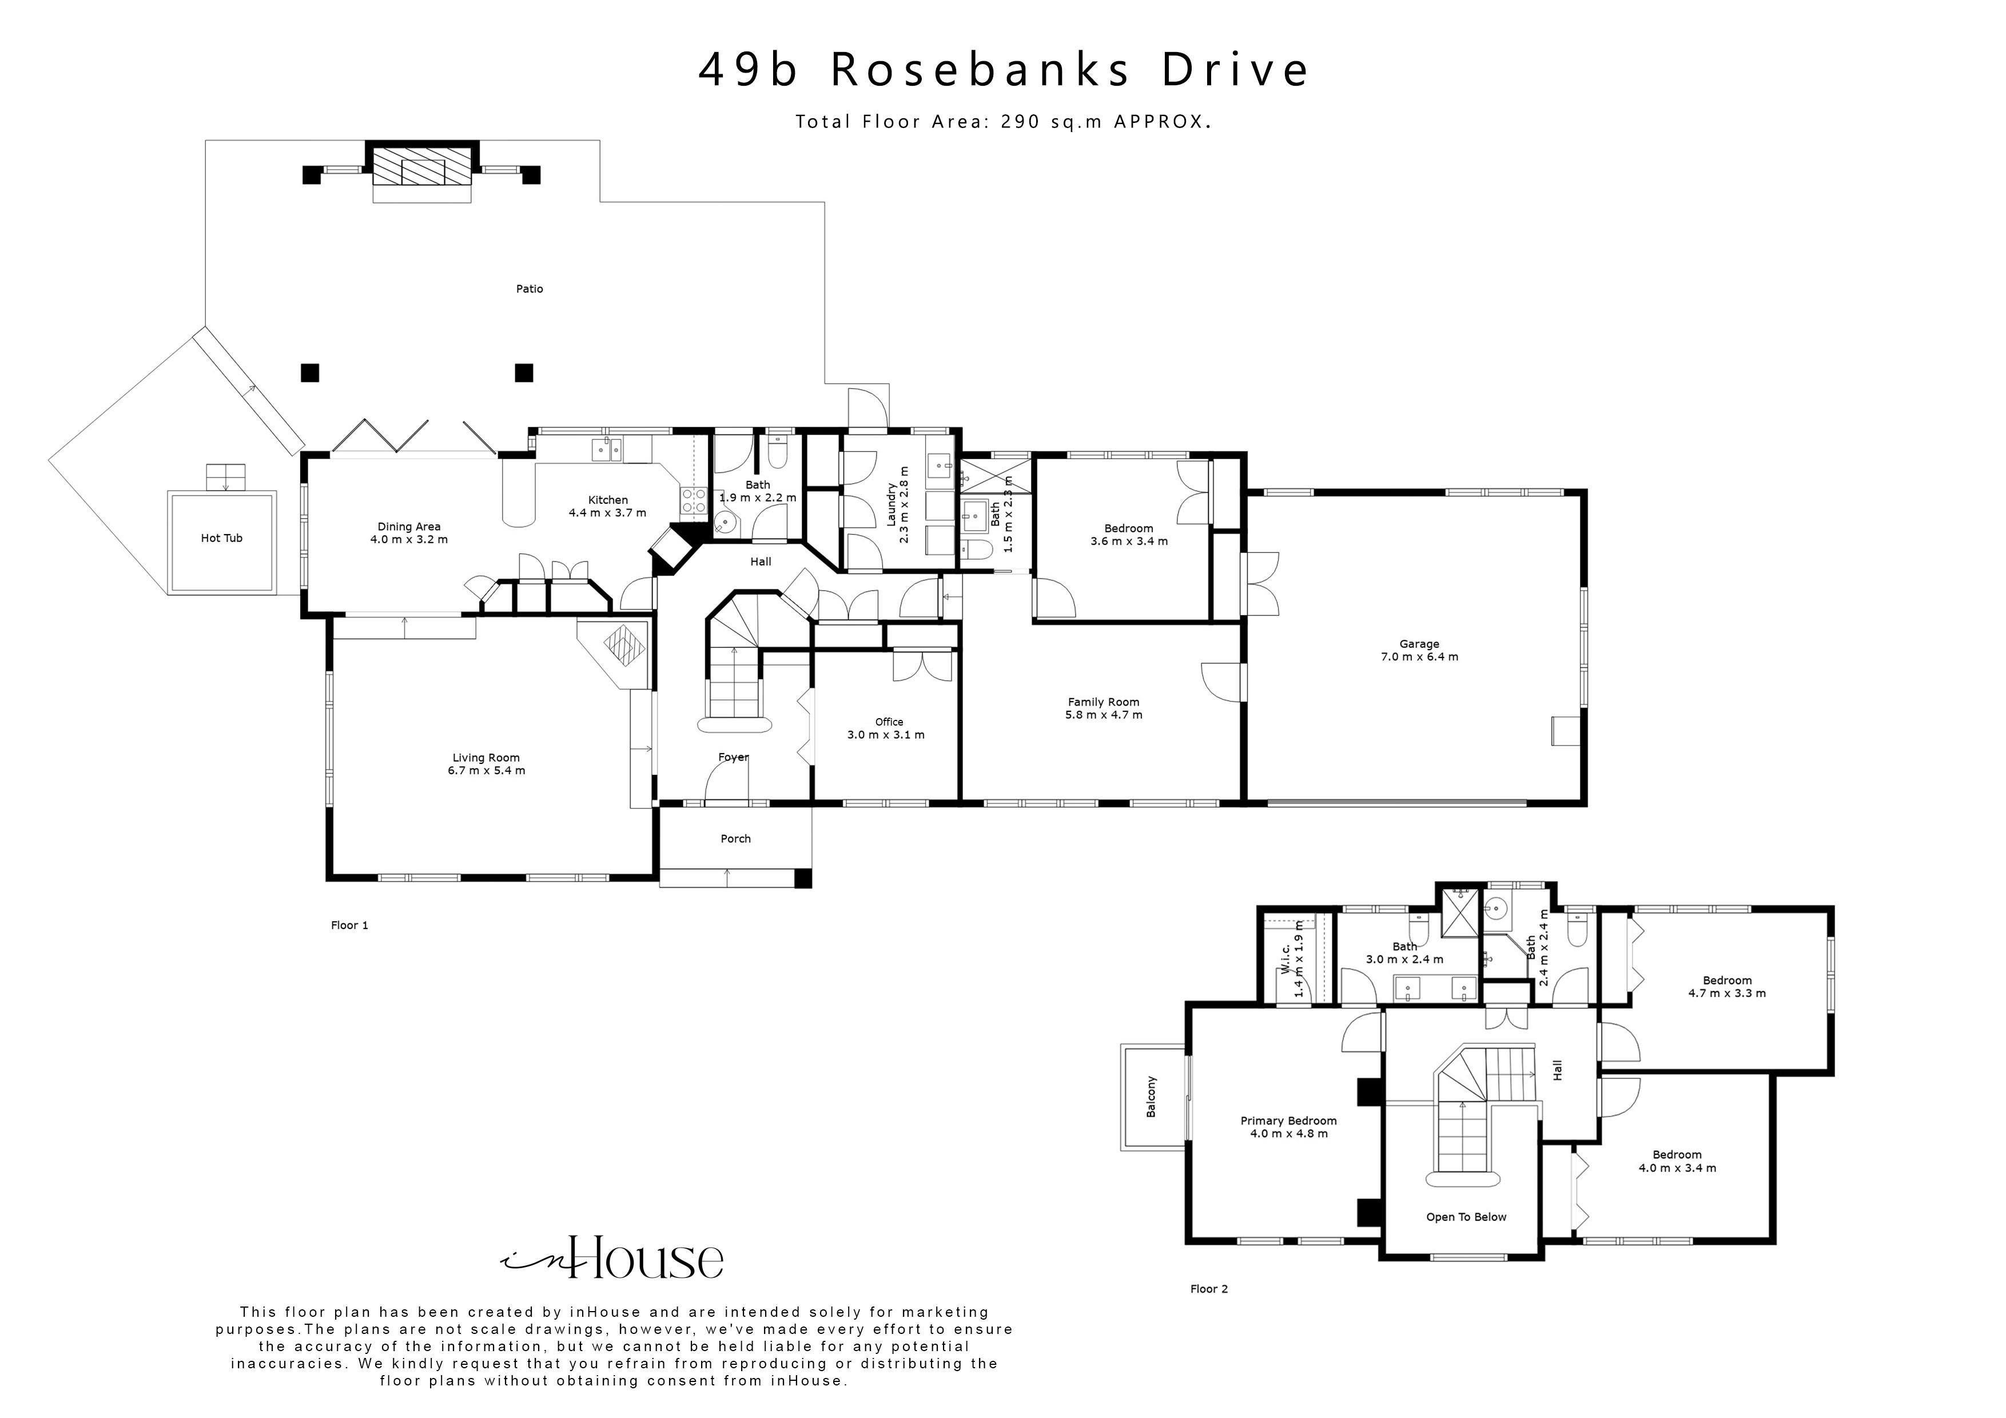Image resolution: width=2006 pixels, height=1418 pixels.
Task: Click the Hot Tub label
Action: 221,538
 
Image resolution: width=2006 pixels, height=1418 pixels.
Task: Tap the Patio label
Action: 530,288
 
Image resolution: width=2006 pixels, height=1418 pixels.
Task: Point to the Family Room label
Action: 1104,702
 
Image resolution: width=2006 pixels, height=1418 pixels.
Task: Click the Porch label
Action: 735,839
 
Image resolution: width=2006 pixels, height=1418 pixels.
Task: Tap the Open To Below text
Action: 1466,1217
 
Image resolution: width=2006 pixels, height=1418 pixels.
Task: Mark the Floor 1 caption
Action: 349,925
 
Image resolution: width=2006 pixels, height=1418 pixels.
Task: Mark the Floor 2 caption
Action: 1209,1289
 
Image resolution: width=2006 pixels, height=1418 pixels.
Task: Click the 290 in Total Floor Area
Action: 1021,122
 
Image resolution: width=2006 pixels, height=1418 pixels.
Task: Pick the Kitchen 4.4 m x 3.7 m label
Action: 607,507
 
